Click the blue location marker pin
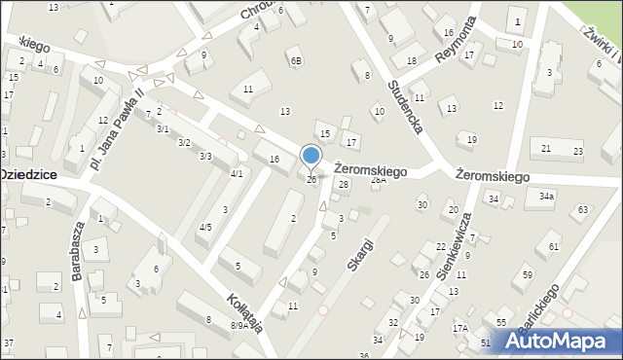[x=311, y=157]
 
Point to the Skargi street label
[x=358, y=250]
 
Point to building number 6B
[x=296, y=60]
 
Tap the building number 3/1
[x=164, y=128]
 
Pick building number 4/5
[x=204, y=227]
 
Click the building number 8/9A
[x=238, y=326]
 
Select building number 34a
[x=547, y=197]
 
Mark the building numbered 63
[x=583, y=209]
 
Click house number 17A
[x=459, y=328]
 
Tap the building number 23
[x=577, y=151]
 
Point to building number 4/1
[x=236, y=173]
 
